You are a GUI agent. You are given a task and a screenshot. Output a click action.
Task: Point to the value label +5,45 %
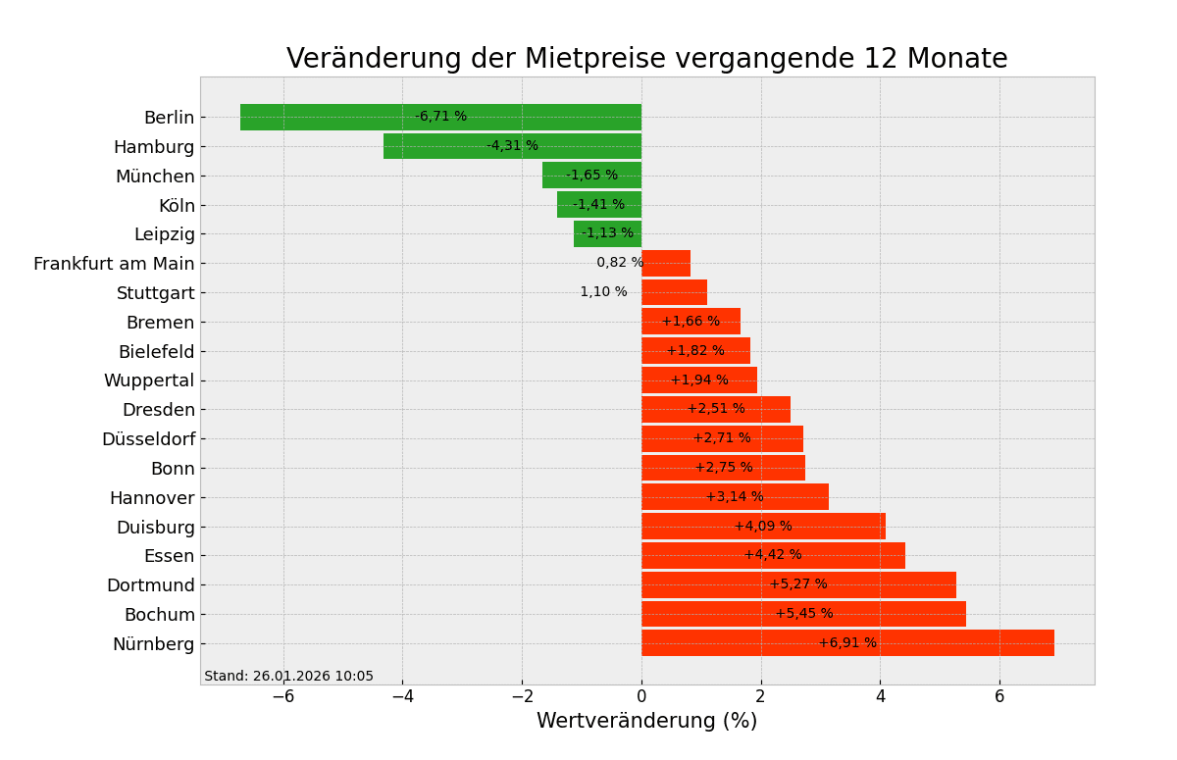[804, 614]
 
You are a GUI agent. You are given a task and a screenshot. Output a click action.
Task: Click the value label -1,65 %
[592, 176]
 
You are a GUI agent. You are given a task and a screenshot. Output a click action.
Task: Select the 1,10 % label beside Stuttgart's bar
[603, 292]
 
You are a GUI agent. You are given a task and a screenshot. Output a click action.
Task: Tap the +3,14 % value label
[735, 497]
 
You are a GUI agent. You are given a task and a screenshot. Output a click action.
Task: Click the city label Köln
[177, 206]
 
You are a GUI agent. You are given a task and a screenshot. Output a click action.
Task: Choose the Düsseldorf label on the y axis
[148, 439]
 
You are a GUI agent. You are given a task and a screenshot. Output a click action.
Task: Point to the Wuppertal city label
[149, 380]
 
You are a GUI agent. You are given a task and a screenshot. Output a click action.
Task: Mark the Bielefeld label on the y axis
[156, 351]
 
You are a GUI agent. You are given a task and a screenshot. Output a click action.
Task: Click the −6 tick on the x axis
[282, 696]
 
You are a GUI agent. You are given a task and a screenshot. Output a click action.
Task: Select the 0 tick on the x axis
[641, 696]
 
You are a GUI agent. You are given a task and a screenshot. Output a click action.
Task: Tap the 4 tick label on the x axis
[880, 696]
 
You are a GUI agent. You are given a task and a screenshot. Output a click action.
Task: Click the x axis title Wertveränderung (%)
[646, 722]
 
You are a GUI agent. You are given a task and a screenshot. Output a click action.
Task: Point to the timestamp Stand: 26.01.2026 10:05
[288, 677]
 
